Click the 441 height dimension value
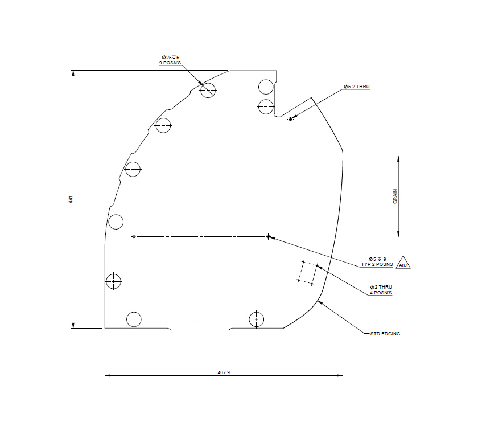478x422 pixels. point(70,199)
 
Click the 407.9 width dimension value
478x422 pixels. point(224,372)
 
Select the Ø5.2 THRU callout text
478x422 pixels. point(357,87)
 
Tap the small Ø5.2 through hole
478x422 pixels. point(290,119)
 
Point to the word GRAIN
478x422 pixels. point(395,196)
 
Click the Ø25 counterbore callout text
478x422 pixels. point(170,58)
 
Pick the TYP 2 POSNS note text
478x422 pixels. point(377,265)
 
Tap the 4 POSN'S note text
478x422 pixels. point(381,292)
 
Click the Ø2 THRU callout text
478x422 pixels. point(381,286)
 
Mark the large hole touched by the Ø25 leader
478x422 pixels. point(208,90)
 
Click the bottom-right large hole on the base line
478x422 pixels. point(257,319)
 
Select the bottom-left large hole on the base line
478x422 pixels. point(134,319)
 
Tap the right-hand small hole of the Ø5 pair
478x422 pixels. point(268,236)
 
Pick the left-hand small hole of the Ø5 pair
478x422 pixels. point(134,236)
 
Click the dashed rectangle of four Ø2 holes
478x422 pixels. point(308,272)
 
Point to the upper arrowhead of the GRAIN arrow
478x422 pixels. point(398,158)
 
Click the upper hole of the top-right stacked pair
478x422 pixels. point(266,87)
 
